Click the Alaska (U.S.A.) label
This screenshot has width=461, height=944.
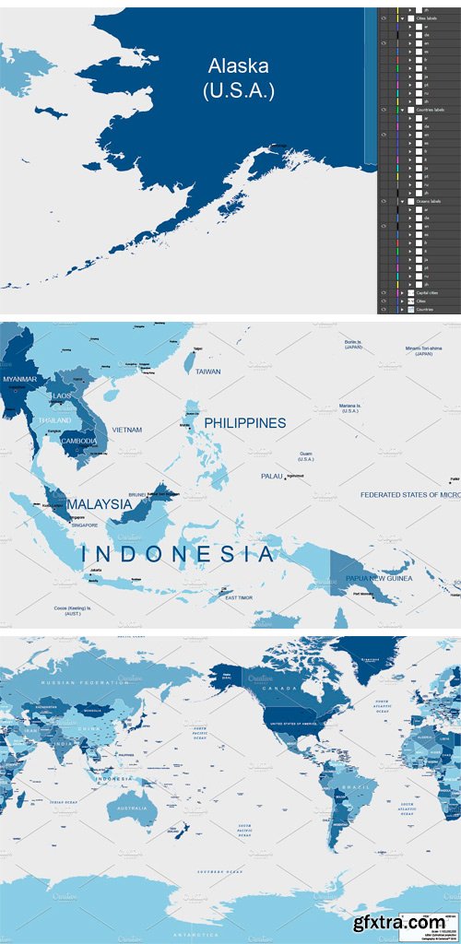click(239, 77)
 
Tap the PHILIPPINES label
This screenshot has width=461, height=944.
click(244, 423)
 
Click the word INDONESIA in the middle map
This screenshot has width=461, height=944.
click(177, 554)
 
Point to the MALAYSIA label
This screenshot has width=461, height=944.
click(99, 504)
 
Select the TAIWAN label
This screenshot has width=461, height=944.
click(208, 371)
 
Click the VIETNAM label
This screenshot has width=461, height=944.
click(126, 430)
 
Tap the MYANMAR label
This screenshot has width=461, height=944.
click(19, 379)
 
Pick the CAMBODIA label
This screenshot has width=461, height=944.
click(79, 441)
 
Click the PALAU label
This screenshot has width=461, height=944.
click(271, 476)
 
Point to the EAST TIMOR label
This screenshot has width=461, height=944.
click(239, 597)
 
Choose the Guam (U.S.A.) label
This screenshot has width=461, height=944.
click(305, 456)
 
